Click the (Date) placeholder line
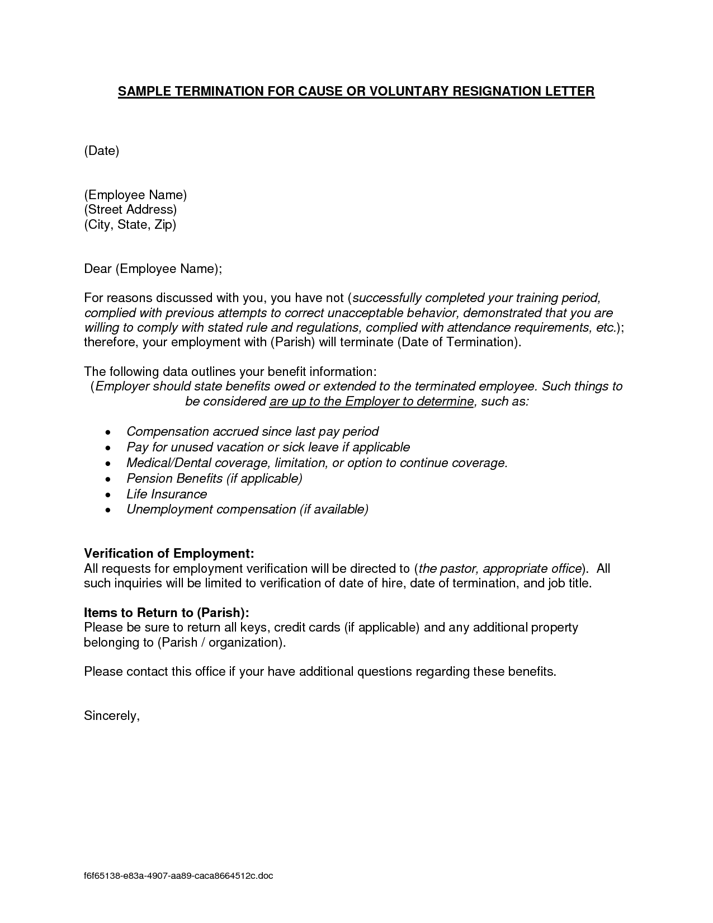[102, 150]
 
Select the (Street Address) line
[130, 210]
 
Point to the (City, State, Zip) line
[130, 225]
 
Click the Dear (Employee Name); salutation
[153, 269]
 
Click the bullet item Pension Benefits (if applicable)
[214, 479]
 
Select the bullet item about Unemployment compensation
[247, 510]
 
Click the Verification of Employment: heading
[169, 553]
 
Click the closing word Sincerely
[111, 715]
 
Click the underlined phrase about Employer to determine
[372, 402]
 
